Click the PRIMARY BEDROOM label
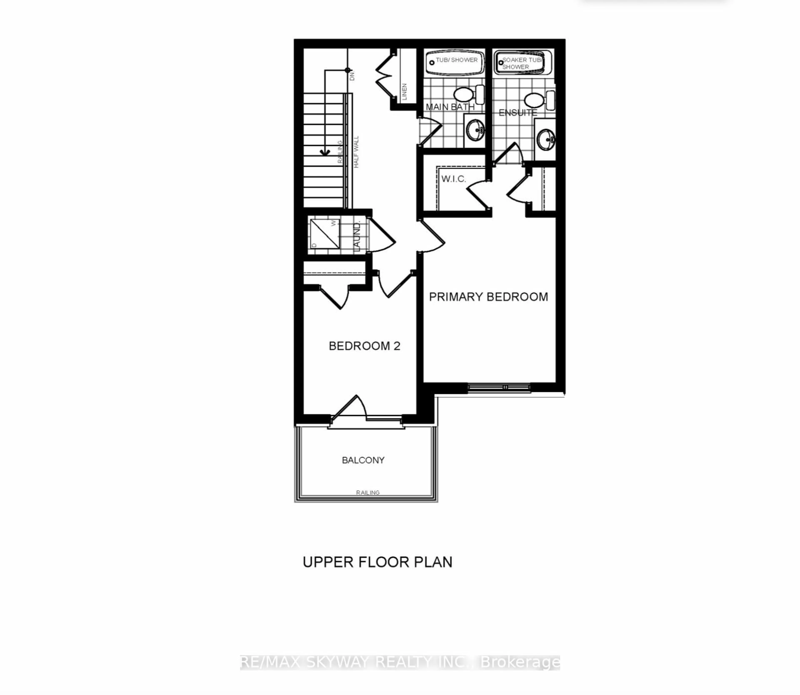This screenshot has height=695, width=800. pyautogui.click(x=488, y=297)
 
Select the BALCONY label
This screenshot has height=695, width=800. pyautogui.click(x=363, y=460)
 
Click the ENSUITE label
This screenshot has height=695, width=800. pyautogui.click(x=517, y=113)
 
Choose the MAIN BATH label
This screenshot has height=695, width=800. pyautogui.click(x=450, y=107)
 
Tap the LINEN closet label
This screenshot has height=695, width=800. pyautogui.click(x=404, y=91)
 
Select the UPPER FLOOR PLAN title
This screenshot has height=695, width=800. pyautogui.click(x=377, y=562)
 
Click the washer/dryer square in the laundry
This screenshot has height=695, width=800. pyautogui.click(x=324, y=234)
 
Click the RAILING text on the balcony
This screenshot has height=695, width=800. pyautogui.click(x=367, y=493)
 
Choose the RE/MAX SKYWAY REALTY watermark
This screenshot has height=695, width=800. pyautogui.click(x=400, y=663)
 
